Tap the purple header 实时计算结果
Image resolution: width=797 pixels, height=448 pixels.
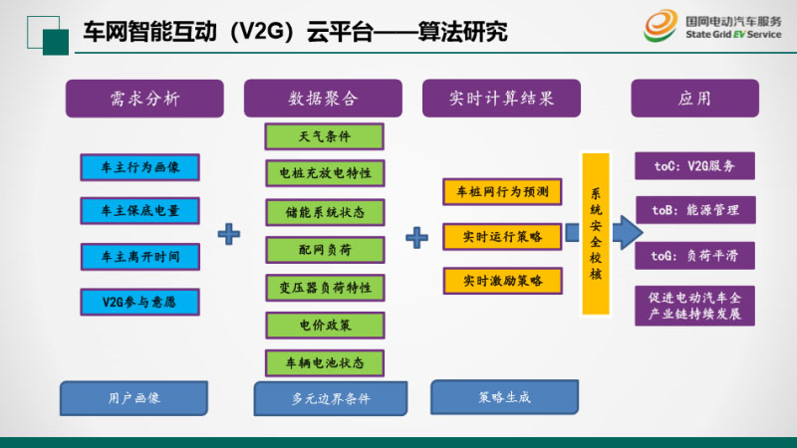[501, 99]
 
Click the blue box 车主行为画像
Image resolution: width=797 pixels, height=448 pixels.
[140, 166]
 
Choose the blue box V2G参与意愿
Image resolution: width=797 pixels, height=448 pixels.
[140, 300]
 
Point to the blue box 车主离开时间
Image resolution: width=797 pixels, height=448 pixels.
[140, 255]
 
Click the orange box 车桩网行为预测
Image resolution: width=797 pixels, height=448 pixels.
[502, 190]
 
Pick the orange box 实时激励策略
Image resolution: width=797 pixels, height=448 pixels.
[502, 281]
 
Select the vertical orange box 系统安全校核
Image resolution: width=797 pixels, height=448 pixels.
[597, 235]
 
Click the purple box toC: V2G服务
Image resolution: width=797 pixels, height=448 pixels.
[694, 165]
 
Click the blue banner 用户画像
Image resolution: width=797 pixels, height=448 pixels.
[133, 397]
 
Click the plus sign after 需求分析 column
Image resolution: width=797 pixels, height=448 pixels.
[230, 235]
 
